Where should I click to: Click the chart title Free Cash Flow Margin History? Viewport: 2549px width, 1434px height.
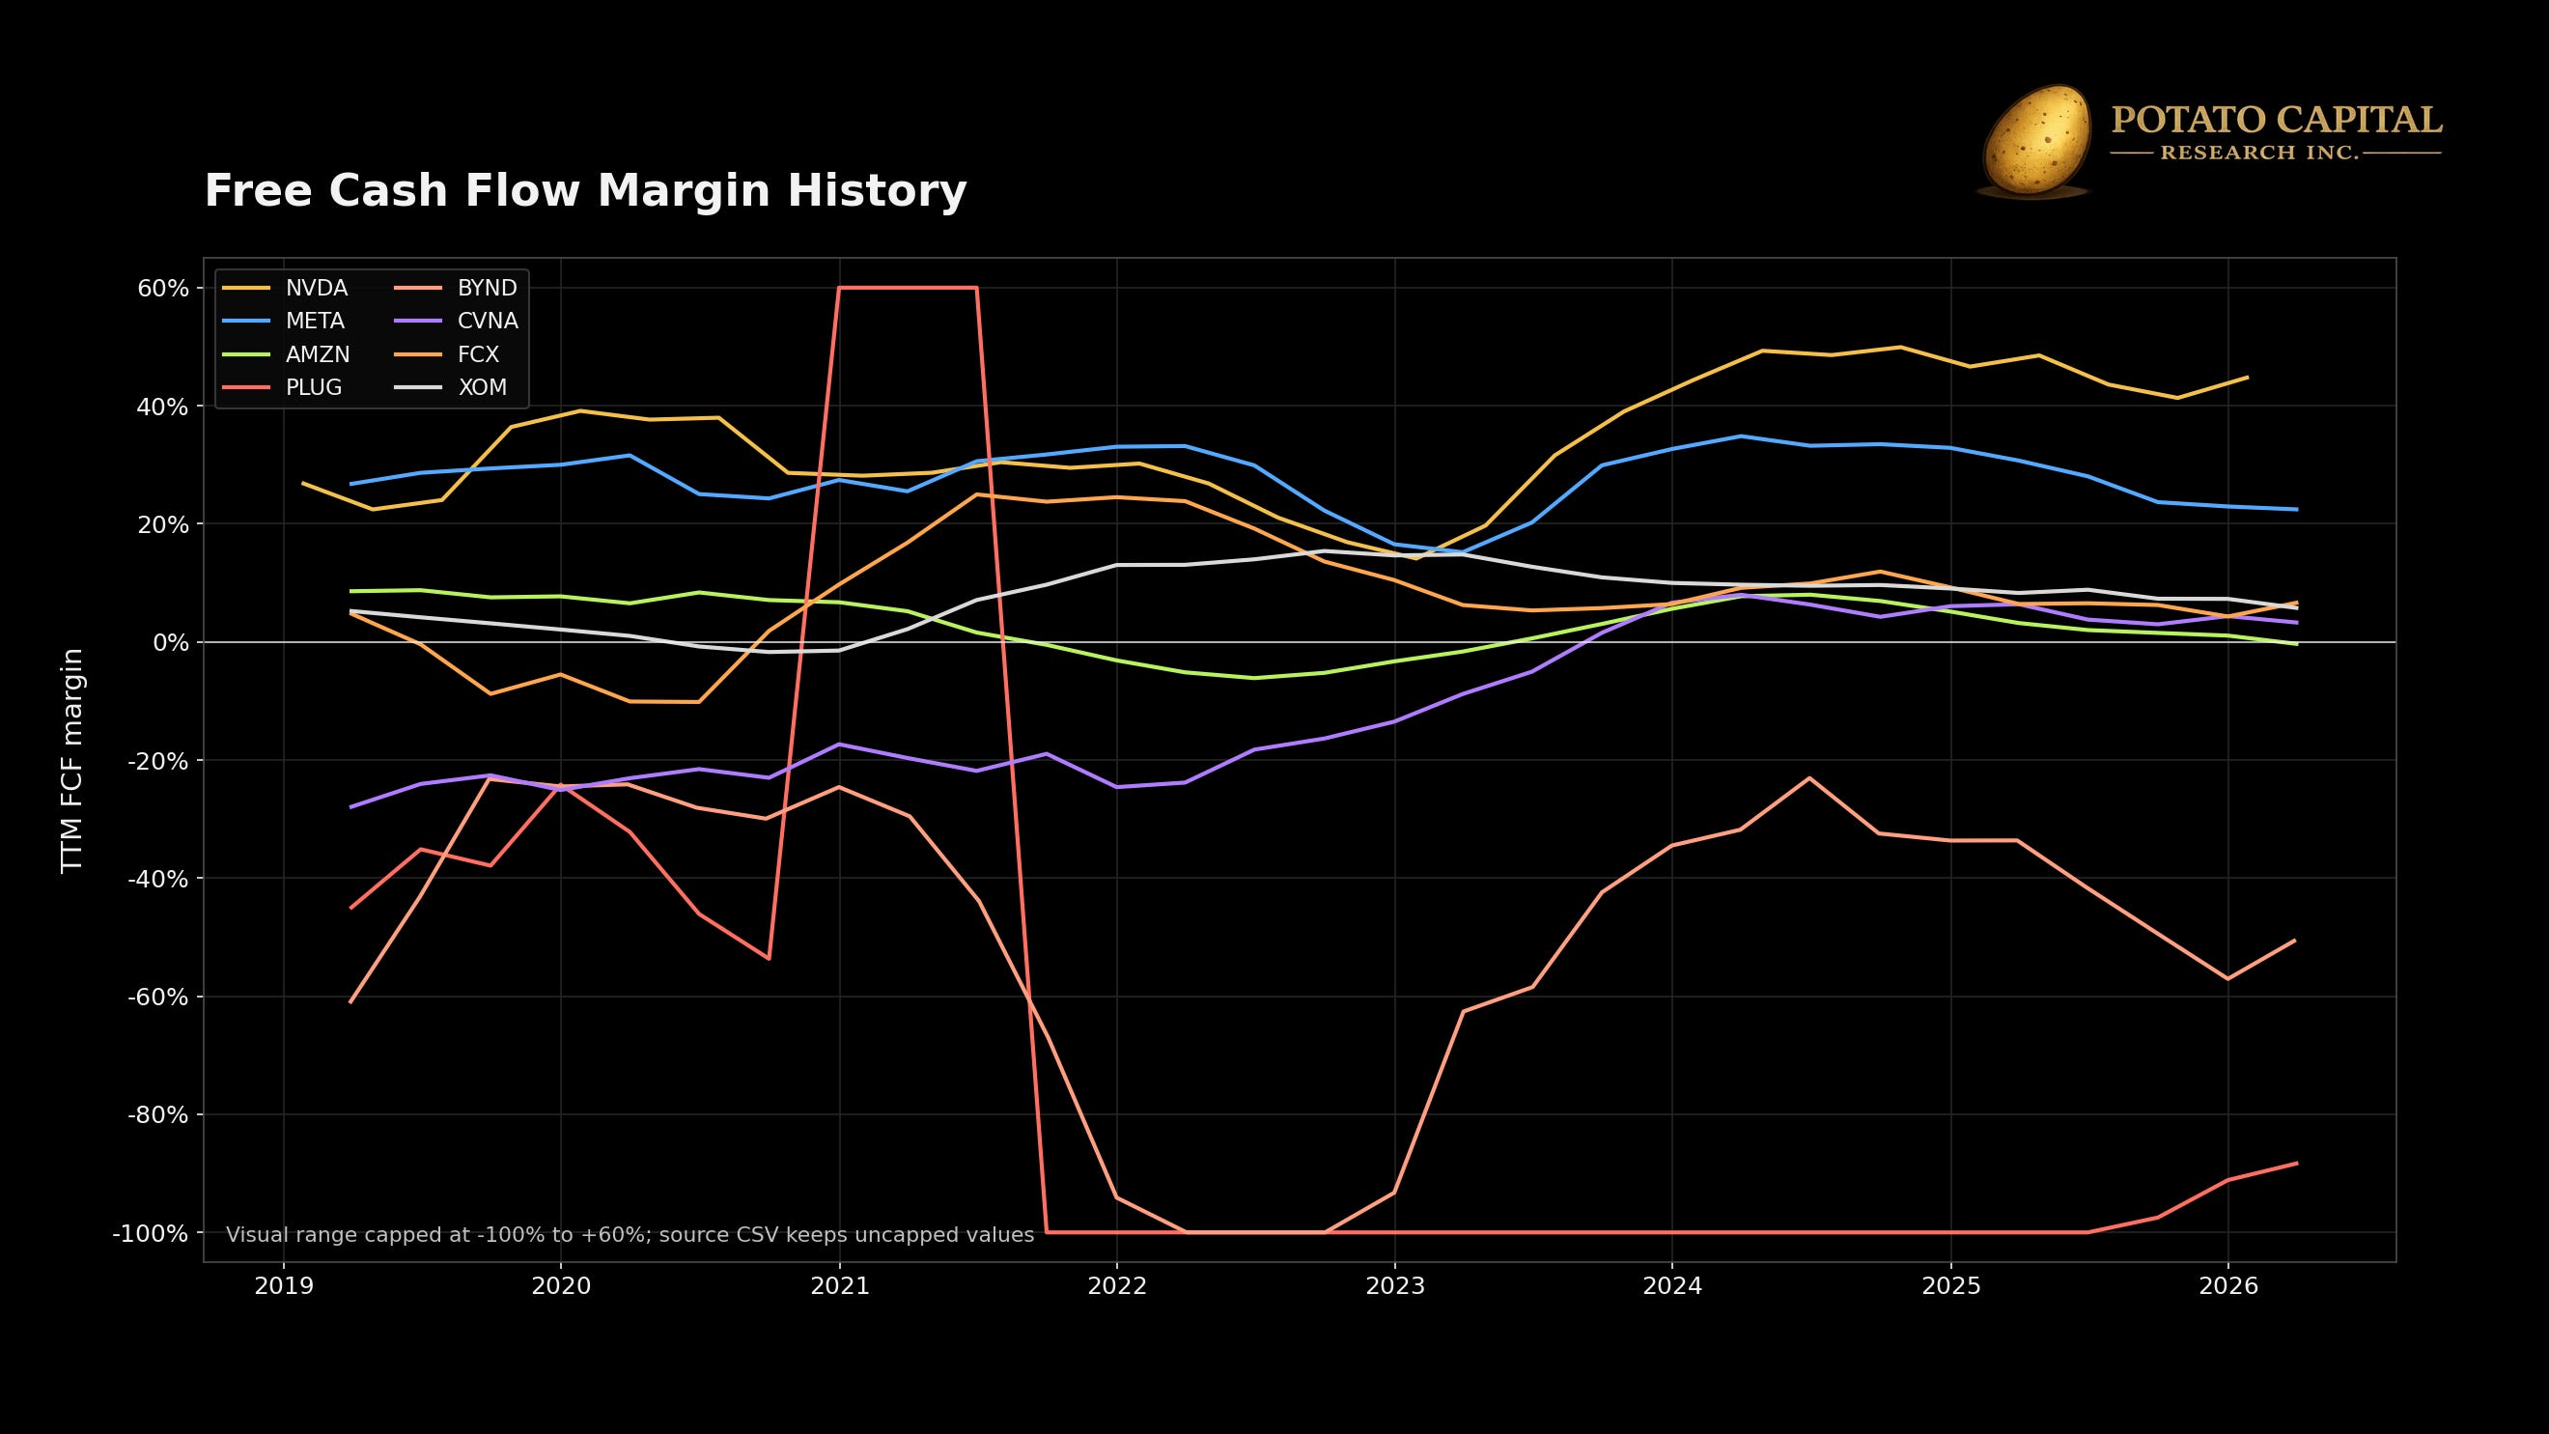tap(585, 191)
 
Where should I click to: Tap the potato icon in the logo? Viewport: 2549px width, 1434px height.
tap(2034, 141)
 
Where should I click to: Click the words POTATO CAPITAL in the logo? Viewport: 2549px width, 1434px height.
tap(2276, 121)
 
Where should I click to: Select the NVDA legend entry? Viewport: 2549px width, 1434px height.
tap(286, 288)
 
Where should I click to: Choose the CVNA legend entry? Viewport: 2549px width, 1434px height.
tap(456, 321)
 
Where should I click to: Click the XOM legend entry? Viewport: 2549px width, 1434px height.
tap(451, 388)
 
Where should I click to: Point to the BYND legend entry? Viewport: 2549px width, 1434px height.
tap(456, 288)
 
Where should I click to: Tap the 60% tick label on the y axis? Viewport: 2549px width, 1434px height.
tap(163, 288)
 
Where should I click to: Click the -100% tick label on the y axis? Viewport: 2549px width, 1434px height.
tap(151, 1233)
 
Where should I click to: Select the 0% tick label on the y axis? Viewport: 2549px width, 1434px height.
tap(170, 642)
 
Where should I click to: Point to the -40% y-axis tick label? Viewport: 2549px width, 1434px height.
tap(157, 879)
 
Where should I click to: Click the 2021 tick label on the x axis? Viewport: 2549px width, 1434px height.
tap(839, 1285)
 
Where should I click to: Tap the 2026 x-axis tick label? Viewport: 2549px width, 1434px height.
tap(2227, 1285)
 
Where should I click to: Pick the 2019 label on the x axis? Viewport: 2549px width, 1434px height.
tap(284, 1285)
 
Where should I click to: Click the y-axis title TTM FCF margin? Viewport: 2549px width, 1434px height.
tap(72, 760)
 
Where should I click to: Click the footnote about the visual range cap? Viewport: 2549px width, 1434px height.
tap(630, 1235)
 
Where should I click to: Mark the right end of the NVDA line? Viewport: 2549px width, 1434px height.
tap(2247, 377)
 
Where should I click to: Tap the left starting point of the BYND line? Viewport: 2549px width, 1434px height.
tap(350, 1002)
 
